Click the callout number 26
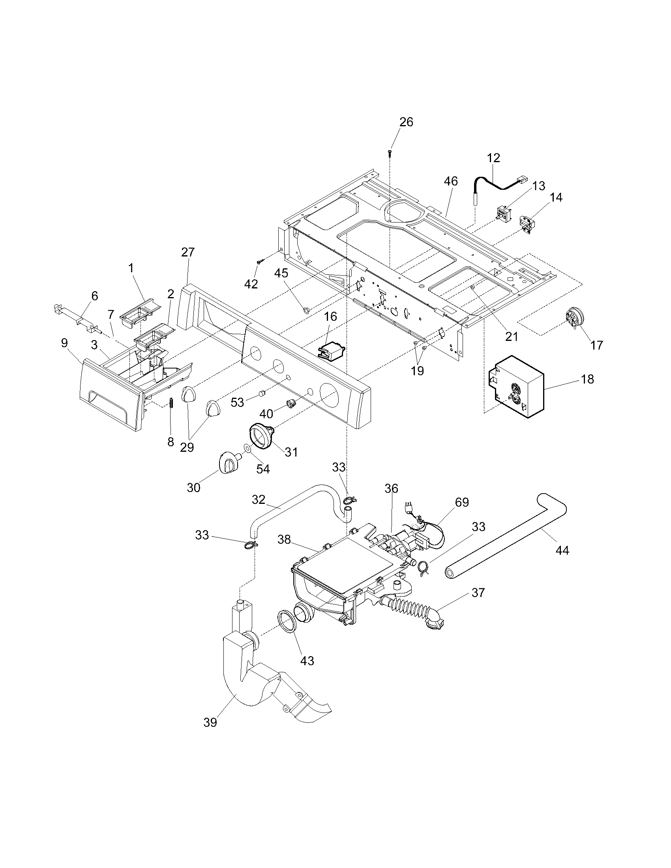coord(406,122)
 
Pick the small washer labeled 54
coord(247,448)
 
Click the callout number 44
coord(562,550)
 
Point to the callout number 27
coord(188,252)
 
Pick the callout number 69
coord(462,502)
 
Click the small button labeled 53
coord(261,393)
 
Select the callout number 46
coord(451,181)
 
